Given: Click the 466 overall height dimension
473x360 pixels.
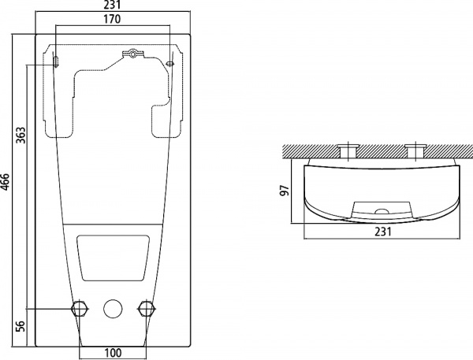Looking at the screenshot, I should pyautogui.click(x=6, y=184).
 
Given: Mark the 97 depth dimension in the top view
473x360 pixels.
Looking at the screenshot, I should pyautogui.click(x=286, y=191).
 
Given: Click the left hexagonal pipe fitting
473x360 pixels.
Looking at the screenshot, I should pyautogui.click(x=79, y=308).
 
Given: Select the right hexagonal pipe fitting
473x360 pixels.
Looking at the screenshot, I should pyautogui.click(x=143, y=308).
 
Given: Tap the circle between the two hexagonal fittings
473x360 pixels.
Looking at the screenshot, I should pyautogui.click(x=112, y=308).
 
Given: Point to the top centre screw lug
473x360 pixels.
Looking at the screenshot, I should pyautogui.click(x=133, y=54).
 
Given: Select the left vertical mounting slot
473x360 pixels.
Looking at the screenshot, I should pyautogui.click(x=56, y=61).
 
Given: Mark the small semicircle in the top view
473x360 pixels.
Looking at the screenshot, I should pyautogui.click(x=381, y=212).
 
